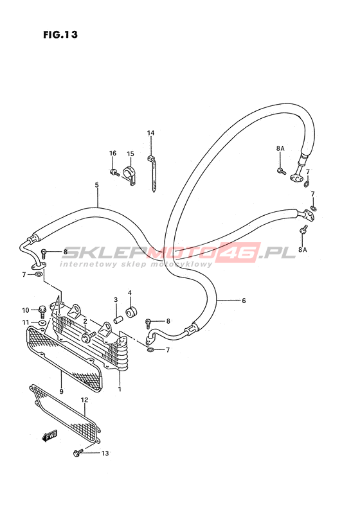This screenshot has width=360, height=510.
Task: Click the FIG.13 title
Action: (60, 34)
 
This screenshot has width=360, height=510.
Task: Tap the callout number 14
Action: (150, 133)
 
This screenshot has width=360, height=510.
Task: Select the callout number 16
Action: (113, 154)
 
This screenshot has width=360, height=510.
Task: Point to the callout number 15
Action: (130, 154)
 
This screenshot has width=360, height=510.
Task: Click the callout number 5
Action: (96, 185)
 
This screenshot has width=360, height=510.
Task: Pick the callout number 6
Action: (244, 301)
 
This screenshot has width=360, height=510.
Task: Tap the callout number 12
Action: (85, 400)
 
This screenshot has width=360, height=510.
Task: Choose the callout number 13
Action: (105, 453)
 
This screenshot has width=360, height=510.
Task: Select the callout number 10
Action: (25, 310)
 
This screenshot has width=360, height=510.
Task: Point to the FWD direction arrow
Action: (50, 435)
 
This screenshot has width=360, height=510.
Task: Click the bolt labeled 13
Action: (78, 452)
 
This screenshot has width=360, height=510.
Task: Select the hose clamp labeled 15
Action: (129, 177)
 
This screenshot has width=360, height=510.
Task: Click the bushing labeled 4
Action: (132, 313)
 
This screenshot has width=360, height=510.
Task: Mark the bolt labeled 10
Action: (42, 312)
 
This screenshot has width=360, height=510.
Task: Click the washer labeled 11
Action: (42, 323)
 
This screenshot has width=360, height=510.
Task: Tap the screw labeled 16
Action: (114, 172)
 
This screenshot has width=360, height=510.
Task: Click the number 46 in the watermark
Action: (246, 252)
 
